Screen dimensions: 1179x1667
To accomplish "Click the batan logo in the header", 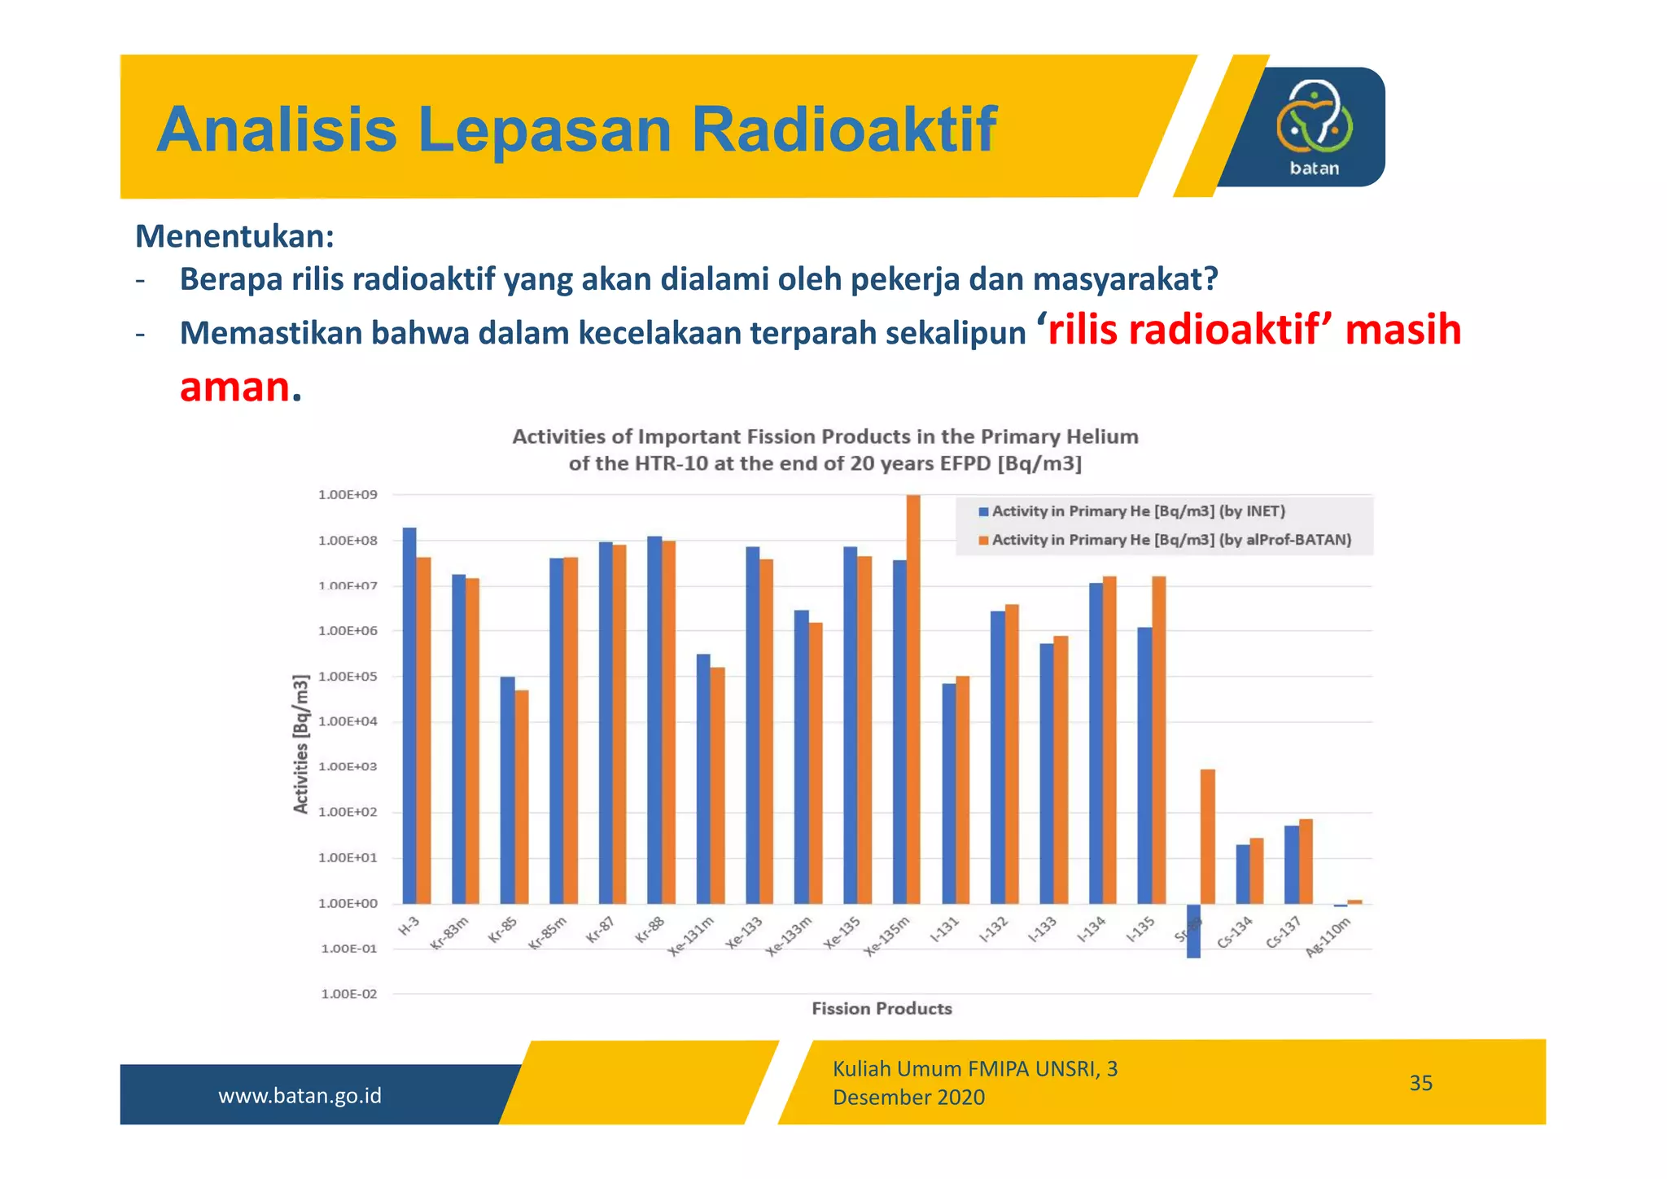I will (x=1314, y=127).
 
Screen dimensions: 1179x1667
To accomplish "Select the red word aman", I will (x=234, y=386).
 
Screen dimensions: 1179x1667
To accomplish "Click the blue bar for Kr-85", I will (x=507, y=790).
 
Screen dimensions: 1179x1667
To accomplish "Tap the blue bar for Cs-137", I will (x=1291, y=864).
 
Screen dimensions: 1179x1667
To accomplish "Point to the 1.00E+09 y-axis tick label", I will (x=348, y=495).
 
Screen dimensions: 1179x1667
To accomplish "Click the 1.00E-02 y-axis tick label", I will (x=348, y=994).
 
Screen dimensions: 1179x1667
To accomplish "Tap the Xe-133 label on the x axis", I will (x=745, y=934).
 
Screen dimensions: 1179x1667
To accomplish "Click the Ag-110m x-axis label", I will (x=1328, y=937).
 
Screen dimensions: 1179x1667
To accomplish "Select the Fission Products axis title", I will (x=882, y=1009).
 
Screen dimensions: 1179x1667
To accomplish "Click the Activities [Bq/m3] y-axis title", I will (x=301, y=743).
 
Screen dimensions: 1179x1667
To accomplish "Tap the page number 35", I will (x=1420, y=1083).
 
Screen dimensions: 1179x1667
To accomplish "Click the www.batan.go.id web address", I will (x=300, y=1096).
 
